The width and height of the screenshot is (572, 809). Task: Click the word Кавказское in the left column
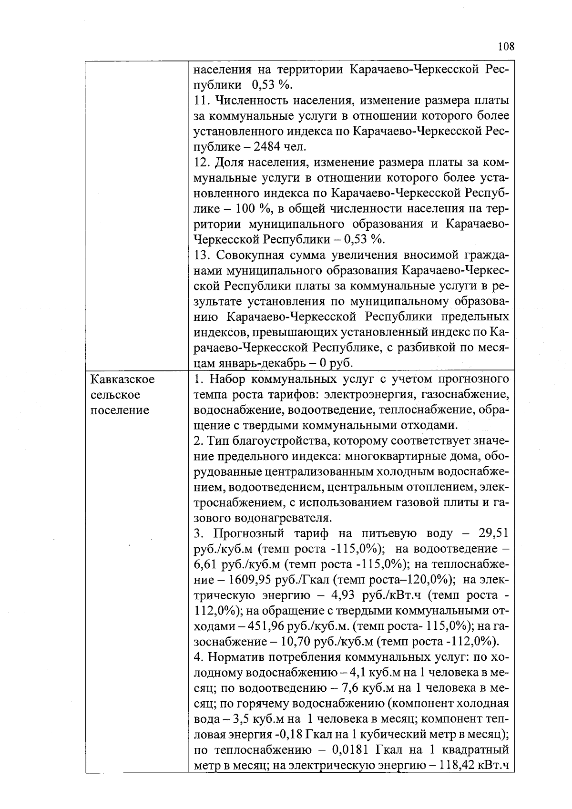[123, 379]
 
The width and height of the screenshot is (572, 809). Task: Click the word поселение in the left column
[119, 410]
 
